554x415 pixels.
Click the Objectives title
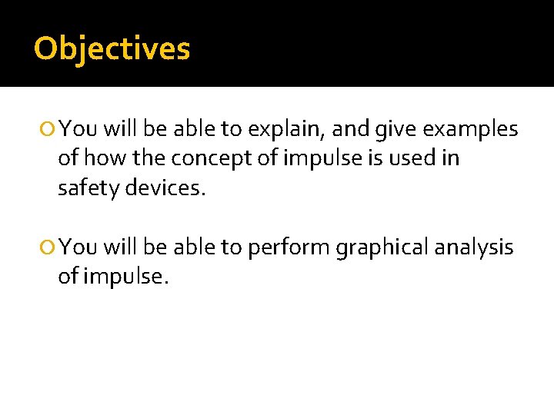tap(112, 48)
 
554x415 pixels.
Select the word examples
tap(472, 129)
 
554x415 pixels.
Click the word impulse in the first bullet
tap(310, 158)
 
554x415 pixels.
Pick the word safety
tap(83, 188)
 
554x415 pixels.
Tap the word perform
tap(285, 247)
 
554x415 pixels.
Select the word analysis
tap(474, 247)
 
